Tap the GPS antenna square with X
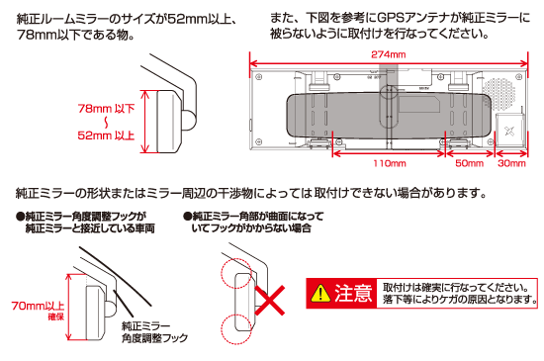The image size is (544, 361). coord(511,128)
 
